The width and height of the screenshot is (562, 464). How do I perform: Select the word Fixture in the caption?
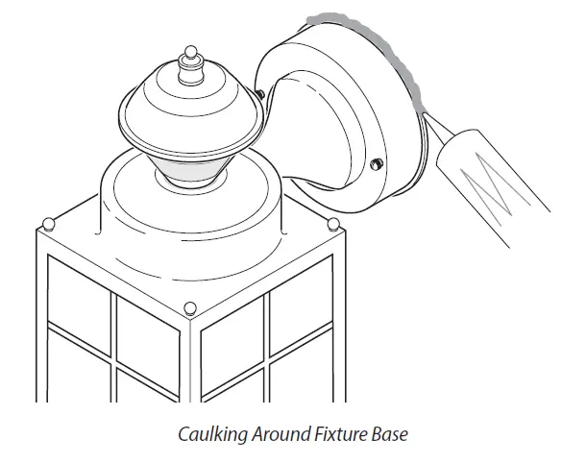[341, 434]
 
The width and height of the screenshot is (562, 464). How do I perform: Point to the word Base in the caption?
[390, 434]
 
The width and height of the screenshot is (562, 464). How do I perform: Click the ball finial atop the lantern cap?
[191, 52]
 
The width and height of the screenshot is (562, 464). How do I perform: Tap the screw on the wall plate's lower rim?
[377, 164]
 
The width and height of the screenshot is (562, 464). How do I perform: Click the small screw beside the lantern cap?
[260, 94]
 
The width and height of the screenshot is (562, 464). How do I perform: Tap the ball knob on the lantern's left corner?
[48, 225]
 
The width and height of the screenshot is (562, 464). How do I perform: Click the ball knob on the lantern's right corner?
[333, 224]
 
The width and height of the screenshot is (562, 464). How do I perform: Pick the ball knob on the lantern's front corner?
[190, 308]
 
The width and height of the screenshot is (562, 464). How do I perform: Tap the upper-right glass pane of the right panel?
[301, 298]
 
